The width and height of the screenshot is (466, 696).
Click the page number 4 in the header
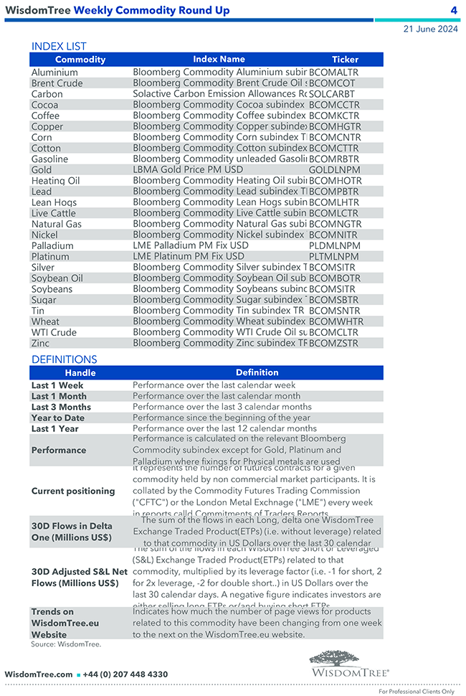[454, 10]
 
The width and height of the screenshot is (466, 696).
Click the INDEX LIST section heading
[59, 47]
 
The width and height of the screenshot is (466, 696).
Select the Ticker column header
[345, 60]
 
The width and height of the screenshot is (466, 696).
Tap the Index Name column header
[219, 60]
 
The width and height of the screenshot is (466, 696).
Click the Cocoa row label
[45, 105]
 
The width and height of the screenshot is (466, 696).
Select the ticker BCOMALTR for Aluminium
[333, 72]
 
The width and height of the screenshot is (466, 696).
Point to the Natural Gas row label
[57, 224]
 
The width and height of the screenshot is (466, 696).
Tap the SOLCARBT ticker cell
[332, 94]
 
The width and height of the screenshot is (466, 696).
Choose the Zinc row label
[41, 343]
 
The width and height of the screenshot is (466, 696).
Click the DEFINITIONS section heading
[65, 359]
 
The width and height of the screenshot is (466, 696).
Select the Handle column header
[80, 373]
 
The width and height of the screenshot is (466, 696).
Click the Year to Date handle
[58, 418]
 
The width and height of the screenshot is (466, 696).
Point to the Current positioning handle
[73, 492]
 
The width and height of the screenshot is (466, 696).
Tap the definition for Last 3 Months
[222, 407]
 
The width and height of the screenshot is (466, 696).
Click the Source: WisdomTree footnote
[66, 644]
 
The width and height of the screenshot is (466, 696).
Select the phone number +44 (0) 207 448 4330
[125, 674]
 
